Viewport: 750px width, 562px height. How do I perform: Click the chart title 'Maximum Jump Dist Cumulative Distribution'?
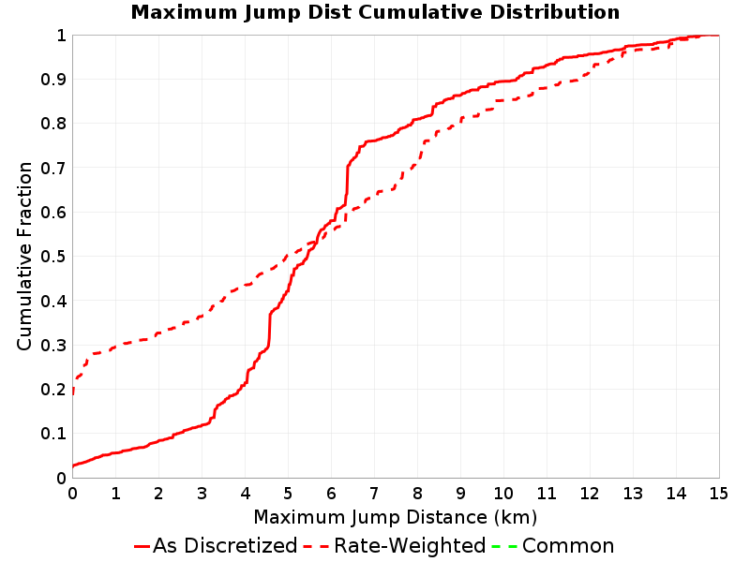point(375,12)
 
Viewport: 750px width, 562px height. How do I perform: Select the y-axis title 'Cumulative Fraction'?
point(24,256)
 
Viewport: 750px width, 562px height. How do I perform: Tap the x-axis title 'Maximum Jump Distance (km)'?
point(396,517)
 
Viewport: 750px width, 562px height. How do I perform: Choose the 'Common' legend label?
point(568,545)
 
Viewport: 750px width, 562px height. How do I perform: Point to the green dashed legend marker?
point(504,546)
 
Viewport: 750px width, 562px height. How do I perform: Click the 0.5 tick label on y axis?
point(53,257)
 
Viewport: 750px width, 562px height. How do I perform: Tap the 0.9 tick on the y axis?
point(53,80)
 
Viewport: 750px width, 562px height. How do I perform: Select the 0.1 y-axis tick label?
point(53,434)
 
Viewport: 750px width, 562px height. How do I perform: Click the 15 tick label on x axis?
point(718,494)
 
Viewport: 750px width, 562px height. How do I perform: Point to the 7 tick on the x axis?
point(374,494)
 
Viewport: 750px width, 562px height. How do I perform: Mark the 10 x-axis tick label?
point(503,494)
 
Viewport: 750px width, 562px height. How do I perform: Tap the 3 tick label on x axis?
point(202,494)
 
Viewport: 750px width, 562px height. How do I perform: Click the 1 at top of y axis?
point(61,36)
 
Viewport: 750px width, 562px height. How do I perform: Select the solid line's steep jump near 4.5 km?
point(269,330)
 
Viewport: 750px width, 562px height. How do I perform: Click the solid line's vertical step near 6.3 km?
point(347,179)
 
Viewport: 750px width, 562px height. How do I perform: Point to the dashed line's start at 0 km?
point(73,392)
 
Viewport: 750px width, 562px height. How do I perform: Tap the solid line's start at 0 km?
point(73,466)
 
